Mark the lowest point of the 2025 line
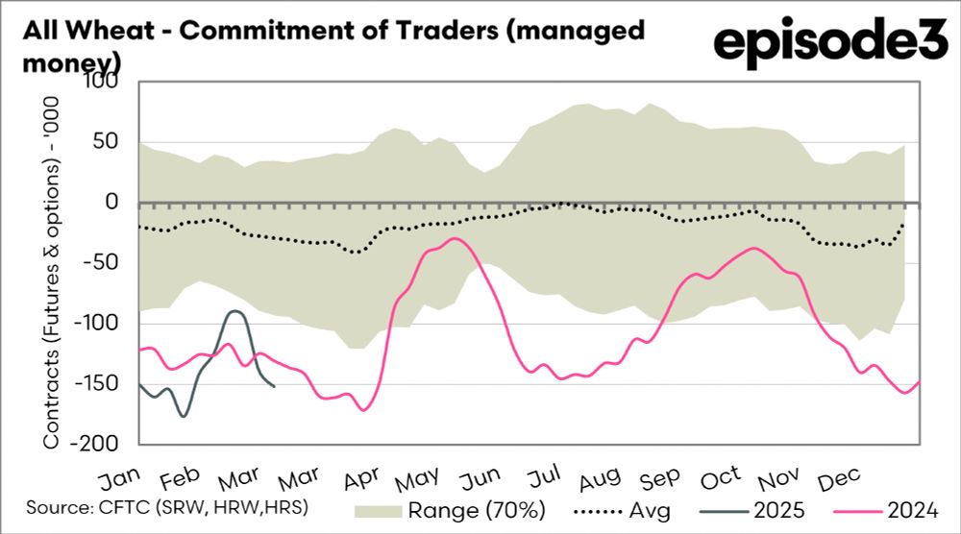tap(183, 416)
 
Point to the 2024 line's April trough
tap(363, 411)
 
